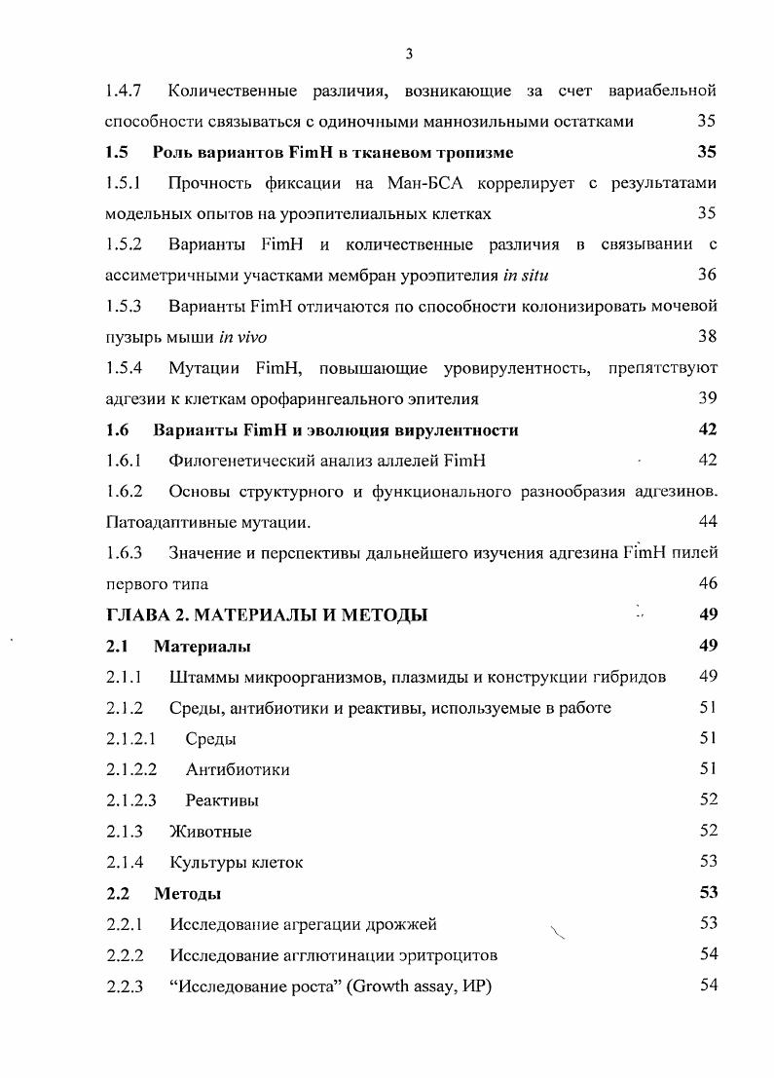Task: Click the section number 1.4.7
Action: pos(125,92)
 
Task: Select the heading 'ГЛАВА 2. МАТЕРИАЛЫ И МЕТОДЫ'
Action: pos(266,614)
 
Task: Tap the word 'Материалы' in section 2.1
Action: pos(203,647)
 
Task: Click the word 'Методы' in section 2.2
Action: pos(187,893)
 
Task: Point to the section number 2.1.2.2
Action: pos(131,769)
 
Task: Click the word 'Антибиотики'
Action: pos(238,769)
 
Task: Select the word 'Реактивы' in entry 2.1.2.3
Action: pos(222,800)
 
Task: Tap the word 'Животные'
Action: pos(210,832)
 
